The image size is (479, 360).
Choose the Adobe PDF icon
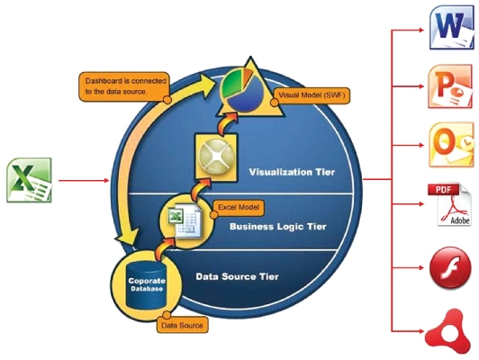pos(447,206)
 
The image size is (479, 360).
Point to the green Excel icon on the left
pos(30,179)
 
